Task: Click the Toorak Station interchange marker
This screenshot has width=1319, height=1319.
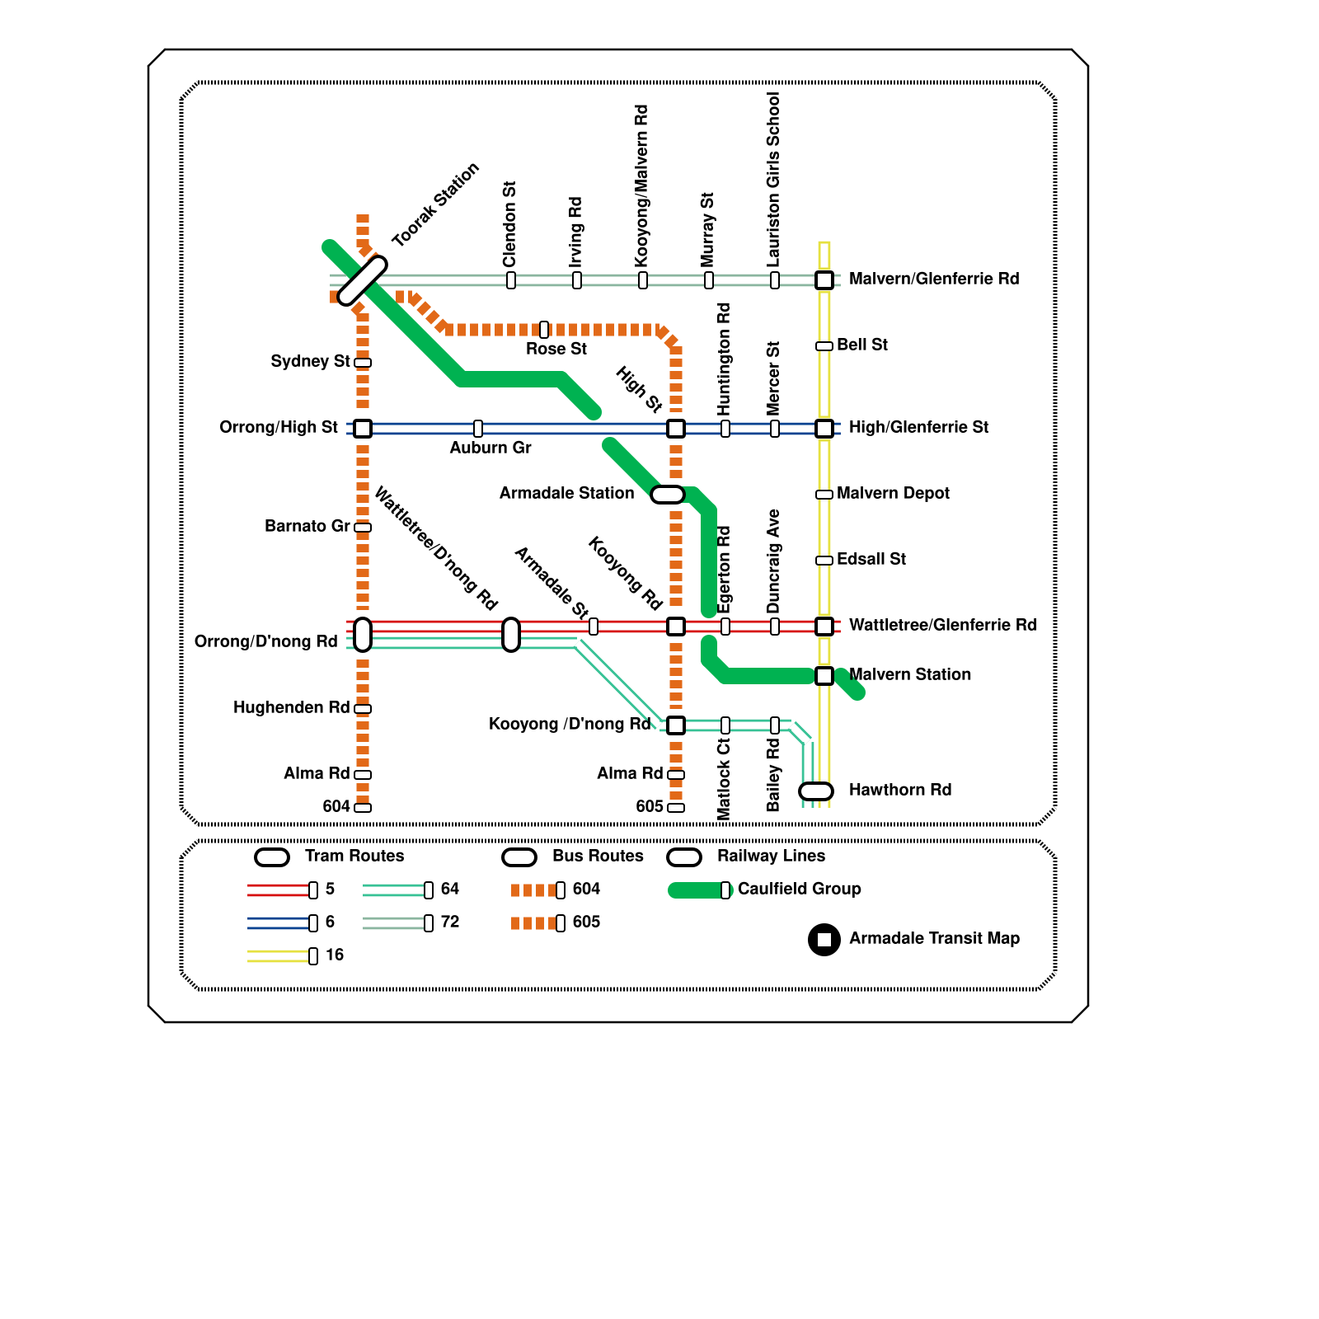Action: [363, 280]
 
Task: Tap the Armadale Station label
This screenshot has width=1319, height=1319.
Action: [566, 493]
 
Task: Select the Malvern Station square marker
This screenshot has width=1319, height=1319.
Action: [824, 676]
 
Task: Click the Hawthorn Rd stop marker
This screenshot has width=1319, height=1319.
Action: [816, 791]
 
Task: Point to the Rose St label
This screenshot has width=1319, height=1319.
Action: [556, 349]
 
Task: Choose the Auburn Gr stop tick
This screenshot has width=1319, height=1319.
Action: [478, 429]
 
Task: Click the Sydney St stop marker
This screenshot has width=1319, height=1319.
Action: [363, 363]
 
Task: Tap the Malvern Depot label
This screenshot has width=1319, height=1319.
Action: [893, 493]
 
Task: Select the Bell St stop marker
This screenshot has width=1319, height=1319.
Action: [824, 346]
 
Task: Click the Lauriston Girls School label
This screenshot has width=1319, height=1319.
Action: [773, 180]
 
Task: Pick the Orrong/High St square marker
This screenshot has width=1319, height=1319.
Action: [363, 429]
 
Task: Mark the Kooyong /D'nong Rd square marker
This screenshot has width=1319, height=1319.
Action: [676, 725]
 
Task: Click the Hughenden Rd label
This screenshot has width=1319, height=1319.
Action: [291, 707]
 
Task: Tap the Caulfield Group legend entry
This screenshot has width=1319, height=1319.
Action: [799, 889]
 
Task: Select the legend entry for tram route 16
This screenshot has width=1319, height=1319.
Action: [334, 955]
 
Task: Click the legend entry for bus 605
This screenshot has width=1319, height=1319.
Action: [586, 922]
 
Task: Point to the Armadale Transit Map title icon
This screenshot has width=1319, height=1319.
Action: [824, 940]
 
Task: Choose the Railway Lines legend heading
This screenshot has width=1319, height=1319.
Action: [771, 856]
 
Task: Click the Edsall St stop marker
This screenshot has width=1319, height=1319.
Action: [824, 561]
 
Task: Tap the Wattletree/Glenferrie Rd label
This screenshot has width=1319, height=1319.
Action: [943, 625]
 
